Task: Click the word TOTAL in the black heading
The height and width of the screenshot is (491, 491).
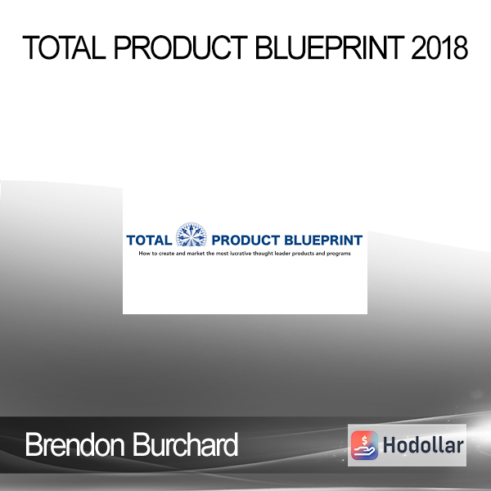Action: (x=64, y=47)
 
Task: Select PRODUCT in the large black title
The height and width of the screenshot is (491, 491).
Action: (x=181, y=47)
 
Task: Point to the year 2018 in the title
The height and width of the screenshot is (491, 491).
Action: (x=440, y=47)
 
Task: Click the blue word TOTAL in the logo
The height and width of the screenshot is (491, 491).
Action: (x=149, y=241)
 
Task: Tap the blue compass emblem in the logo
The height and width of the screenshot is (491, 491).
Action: (x=191, y=235)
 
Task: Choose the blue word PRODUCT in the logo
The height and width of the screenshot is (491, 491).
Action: (x=245, y=241)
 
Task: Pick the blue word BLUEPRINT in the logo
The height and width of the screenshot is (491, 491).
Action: (x=323, y=241)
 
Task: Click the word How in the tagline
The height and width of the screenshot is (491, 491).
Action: (x=144, y=254)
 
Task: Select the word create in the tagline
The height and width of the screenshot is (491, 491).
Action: (x=166, y=254)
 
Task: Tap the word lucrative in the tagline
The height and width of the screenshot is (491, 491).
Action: (x=241, y=254)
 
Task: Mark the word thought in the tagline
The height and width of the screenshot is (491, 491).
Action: (x=264, y=254)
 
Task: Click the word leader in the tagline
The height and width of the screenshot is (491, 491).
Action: (x=283, y=254)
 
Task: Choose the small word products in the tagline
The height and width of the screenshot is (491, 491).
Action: (x=304, y=254)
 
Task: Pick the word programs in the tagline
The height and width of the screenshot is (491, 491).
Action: (x=339, y=254)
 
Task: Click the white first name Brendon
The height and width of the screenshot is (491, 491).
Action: (x=74, y=444)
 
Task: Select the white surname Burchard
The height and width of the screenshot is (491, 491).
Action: (x=186, y=444)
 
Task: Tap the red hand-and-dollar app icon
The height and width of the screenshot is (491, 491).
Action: (x=364, y=445)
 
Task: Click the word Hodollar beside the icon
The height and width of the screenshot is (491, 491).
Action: (x=423, y=446)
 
